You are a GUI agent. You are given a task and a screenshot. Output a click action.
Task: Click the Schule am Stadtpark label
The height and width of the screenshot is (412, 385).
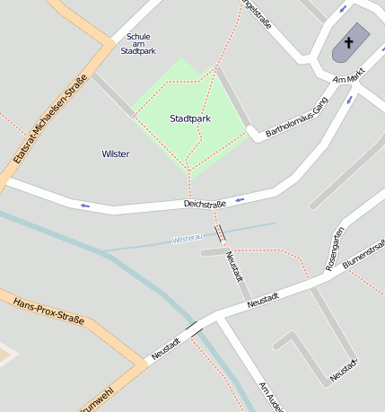(x=137, y=44)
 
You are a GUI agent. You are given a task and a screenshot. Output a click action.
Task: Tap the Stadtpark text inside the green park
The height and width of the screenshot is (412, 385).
(x=190, y=118)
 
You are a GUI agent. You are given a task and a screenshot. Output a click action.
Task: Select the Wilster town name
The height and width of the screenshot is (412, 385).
(x=116, y=154)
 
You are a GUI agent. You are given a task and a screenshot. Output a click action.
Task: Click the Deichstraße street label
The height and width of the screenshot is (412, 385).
(x=206, y=205)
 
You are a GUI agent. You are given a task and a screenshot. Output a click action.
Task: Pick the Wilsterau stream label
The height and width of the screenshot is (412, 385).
(x=187, y=239)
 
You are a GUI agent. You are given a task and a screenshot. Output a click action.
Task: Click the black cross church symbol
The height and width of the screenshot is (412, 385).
(x=348, y=42)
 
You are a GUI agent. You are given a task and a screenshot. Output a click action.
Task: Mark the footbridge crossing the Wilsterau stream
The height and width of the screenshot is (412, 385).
(x=220, y=233)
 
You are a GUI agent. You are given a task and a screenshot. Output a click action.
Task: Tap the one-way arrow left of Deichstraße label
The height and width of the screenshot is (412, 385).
(x=85, y=206)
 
